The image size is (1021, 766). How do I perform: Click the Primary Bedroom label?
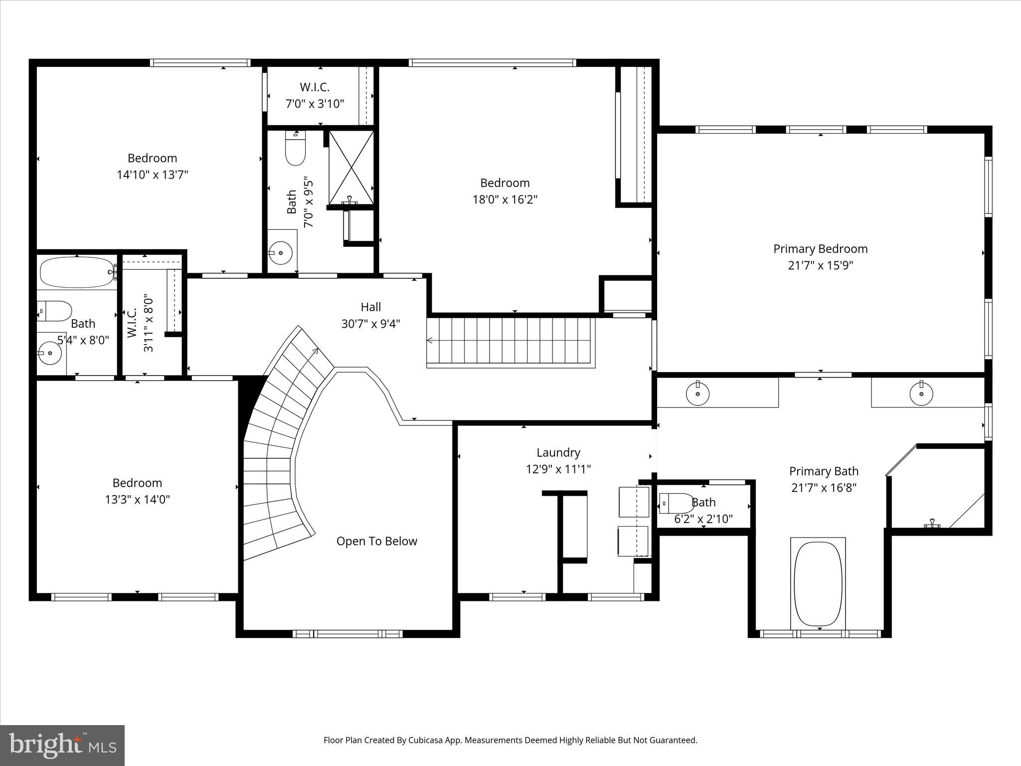820,249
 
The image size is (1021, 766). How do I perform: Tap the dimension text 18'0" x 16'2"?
505,199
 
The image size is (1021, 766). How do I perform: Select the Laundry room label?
558,452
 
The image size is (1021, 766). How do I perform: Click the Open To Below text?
376,541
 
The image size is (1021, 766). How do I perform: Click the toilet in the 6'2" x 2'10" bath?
676,503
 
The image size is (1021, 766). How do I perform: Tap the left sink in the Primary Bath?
697,394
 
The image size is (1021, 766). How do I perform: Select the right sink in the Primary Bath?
921,394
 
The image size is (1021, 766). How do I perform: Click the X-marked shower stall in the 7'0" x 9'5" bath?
351,168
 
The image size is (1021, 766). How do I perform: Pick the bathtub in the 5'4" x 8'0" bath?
77,272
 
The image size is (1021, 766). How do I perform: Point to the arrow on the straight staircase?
430,341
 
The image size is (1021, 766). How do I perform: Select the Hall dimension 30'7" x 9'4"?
370,324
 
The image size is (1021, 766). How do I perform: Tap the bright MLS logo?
62,745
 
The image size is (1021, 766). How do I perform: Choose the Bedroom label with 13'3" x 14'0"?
137,483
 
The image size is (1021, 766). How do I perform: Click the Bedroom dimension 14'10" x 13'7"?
152,175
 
